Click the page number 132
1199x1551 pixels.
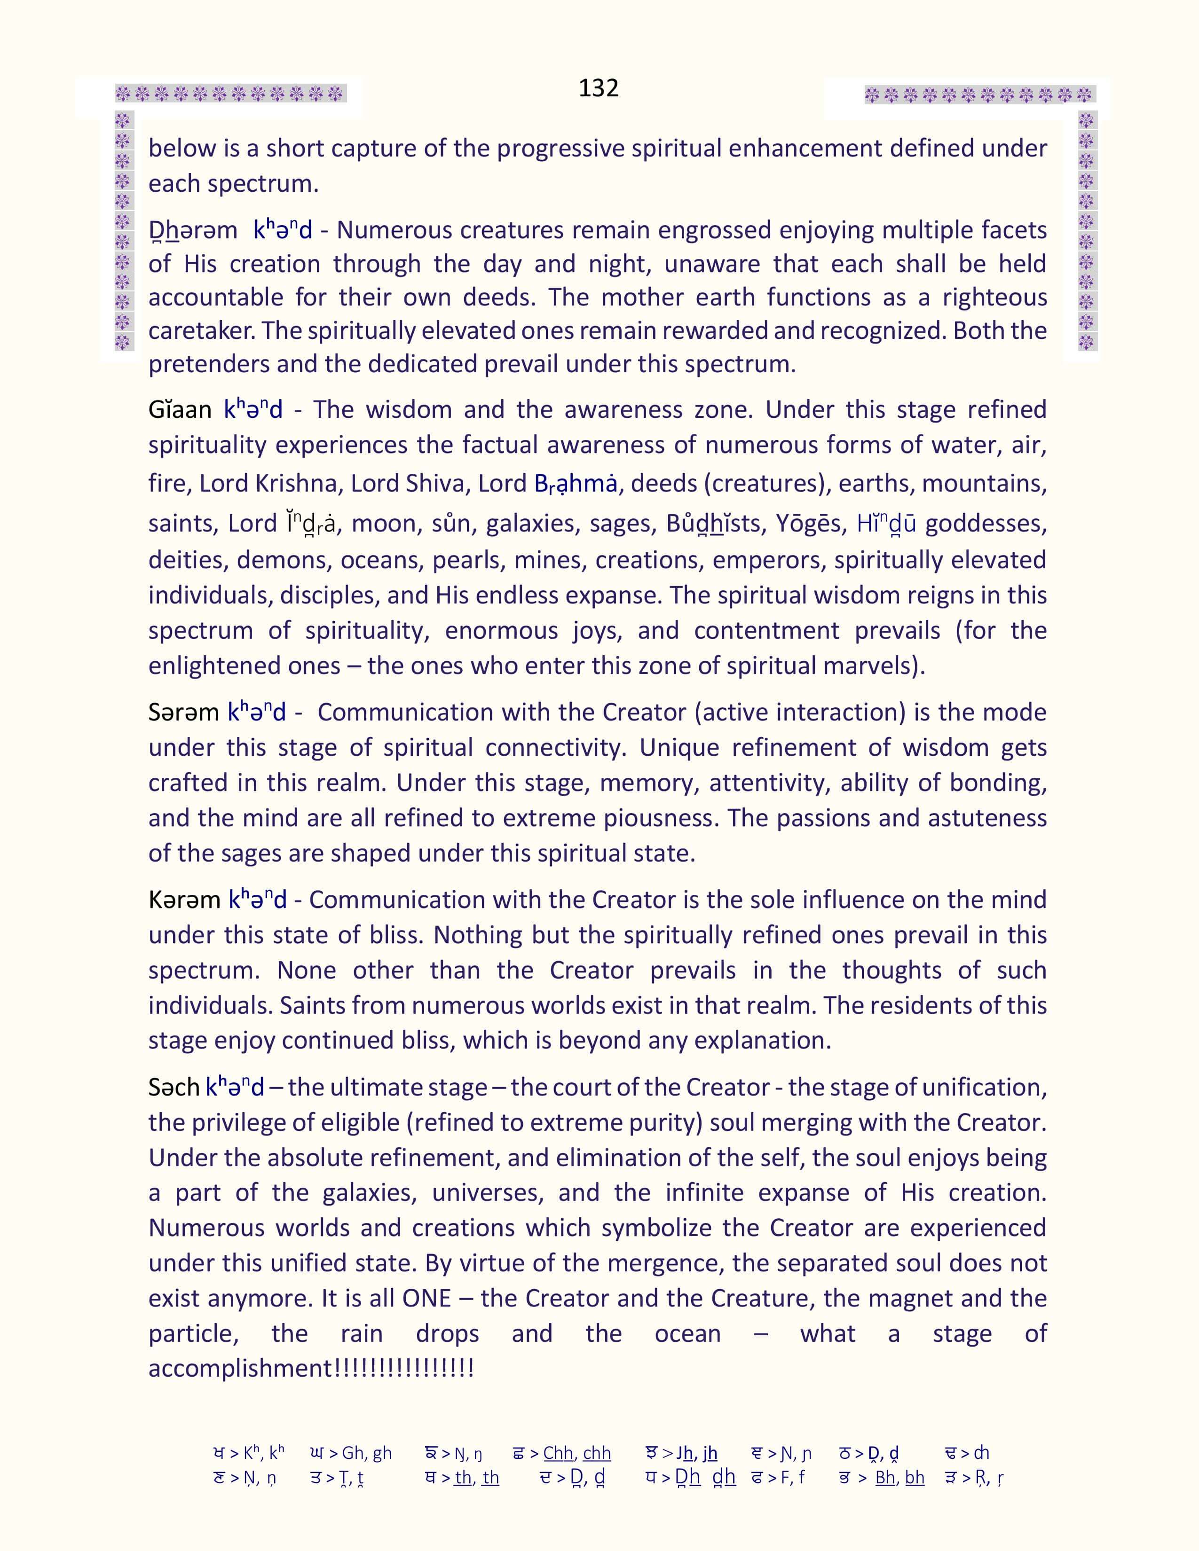tap(598, 87)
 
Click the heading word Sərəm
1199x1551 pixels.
tap(183, 713)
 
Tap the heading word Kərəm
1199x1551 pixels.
tap(184, 900)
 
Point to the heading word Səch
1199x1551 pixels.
tap(174, 1087)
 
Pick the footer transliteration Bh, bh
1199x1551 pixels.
tap(899, 1478)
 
